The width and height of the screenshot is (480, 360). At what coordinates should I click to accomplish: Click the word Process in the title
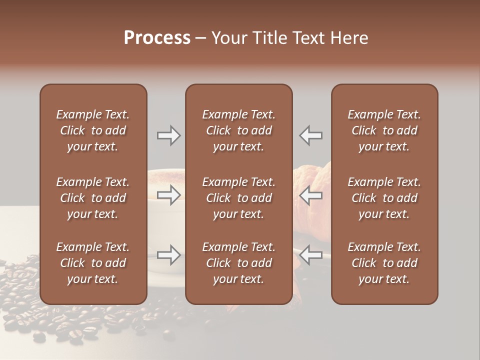tap(157, 38)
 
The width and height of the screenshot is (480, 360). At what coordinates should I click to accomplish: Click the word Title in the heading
tap(267, 38)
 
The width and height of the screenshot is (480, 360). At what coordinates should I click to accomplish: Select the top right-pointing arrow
tap(168, 135)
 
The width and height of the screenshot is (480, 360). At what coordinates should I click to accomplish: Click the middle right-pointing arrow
tap(168, 195)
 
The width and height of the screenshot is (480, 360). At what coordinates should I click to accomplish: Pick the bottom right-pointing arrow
tap(168, 255)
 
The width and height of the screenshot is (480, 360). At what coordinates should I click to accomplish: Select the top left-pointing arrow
tap(311, 135)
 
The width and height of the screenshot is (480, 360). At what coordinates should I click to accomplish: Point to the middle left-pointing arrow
tap(311, 195)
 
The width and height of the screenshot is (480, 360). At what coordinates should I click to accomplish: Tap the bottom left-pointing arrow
tap(311, 255)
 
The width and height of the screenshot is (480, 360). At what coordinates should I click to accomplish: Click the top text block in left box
tap(93, 130)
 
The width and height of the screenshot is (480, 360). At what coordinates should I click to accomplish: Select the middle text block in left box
tap(93, 198)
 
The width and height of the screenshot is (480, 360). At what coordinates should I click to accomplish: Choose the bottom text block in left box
tap(93, 263)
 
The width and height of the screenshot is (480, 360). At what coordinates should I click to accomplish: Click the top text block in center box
tap(239, 130)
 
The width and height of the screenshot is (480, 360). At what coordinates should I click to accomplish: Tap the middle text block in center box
tap(239, 198)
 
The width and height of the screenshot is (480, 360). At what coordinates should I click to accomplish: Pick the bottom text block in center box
tap(239, 263)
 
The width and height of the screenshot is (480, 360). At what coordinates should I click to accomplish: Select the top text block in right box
tap(384, 130)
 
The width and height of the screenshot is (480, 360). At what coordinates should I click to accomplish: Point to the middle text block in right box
tap(384, 198)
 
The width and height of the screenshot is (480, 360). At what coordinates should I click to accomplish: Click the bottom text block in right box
tap(384, 263)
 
